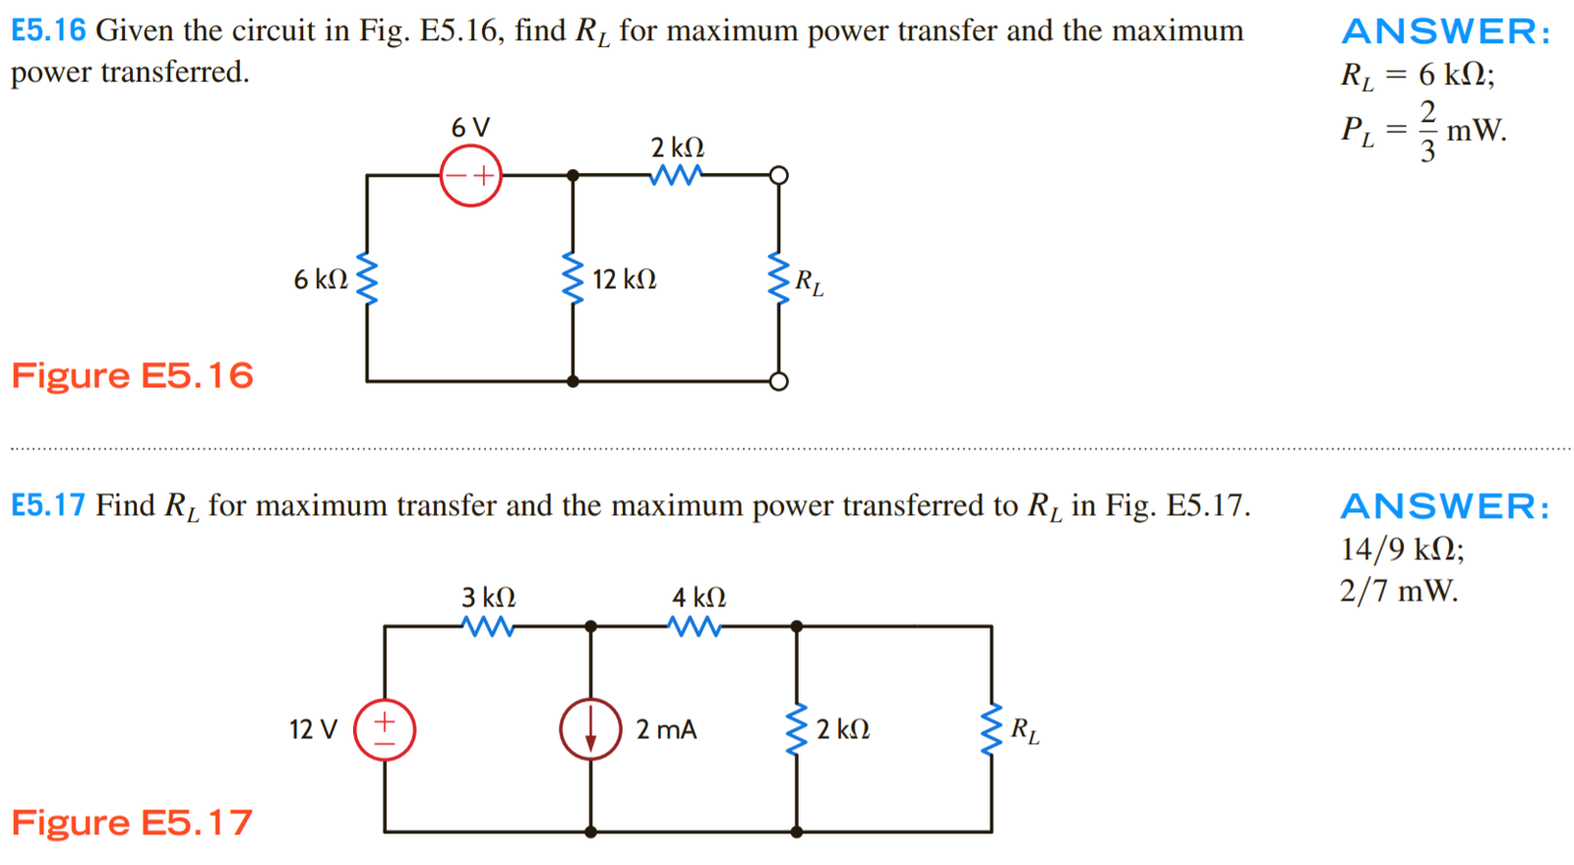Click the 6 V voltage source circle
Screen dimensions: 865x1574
470,176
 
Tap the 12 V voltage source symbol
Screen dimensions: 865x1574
385,729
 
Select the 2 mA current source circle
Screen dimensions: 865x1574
590,729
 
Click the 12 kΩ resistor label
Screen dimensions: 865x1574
625,280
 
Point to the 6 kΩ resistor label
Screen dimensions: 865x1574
321,280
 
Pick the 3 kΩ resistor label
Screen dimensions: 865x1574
489,598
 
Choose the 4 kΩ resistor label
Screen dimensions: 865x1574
699,598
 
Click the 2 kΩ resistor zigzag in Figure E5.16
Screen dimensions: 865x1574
676,175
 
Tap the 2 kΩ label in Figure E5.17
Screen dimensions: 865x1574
843,729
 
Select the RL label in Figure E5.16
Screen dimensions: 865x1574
809,283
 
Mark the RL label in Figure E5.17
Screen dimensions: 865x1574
1024,731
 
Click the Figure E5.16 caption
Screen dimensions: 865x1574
133,375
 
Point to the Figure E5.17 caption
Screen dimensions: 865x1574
132,823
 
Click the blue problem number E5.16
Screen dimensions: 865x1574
48,30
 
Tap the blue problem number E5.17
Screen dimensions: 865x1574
48,505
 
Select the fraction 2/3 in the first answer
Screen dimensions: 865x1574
1427,130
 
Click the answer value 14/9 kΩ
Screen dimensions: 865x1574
1402,548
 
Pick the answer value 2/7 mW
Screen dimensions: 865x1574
1398,591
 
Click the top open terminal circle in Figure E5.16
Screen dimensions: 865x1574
778,176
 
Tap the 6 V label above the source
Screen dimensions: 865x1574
470,128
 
